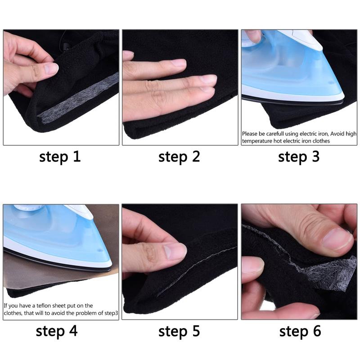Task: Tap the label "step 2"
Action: (179, 157)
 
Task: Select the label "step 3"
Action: (299, 157)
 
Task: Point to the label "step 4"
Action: (57, 331)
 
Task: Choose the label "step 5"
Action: (179, 332)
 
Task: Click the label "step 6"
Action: (300, 332)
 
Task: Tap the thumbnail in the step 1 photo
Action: (50, 69)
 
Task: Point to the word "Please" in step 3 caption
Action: (250, 134)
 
